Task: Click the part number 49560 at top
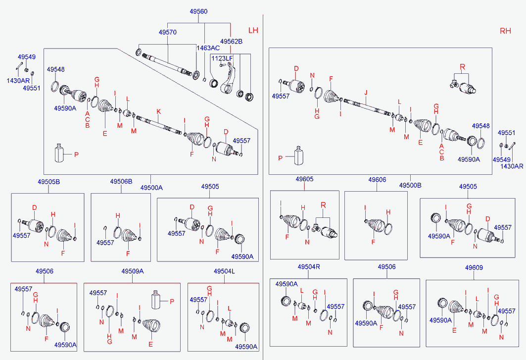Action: pyautogui.click(x=198, y=11)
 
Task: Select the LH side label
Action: pyautogui.click(x=253, y=30)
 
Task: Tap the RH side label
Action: pyautogui.click(x=505, y=31)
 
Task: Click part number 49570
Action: pyautogui.click(x=168, y=32)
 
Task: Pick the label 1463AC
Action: pyautogui.click(x=208, y=48)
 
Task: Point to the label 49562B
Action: pyautogui.click(x=231, y=42)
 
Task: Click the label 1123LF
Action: pyautogui.click(x=222, y=58)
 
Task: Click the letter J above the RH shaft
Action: pyautogui.click(x=366, y=93)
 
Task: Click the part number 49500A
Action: pyautogui.click(x=151, y=188)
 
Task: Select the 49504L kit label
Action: pyautogui.click(x=224, y=271)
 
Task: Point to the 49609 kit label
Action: pyautogui.click(x=474, y=268)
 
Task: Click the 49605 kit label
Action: pyautogui.click(x=304, y=179)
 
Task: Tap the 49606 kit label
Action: pyautogui.click(x=377, y=179)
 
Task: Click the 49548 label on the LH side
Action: pyautogui.click(x=56, y=70)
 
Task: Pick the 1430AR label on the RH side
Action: pyautogui.click(x=511, y=166)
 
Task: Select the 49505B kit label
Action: pyautogui.click(x=49, y=182)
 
